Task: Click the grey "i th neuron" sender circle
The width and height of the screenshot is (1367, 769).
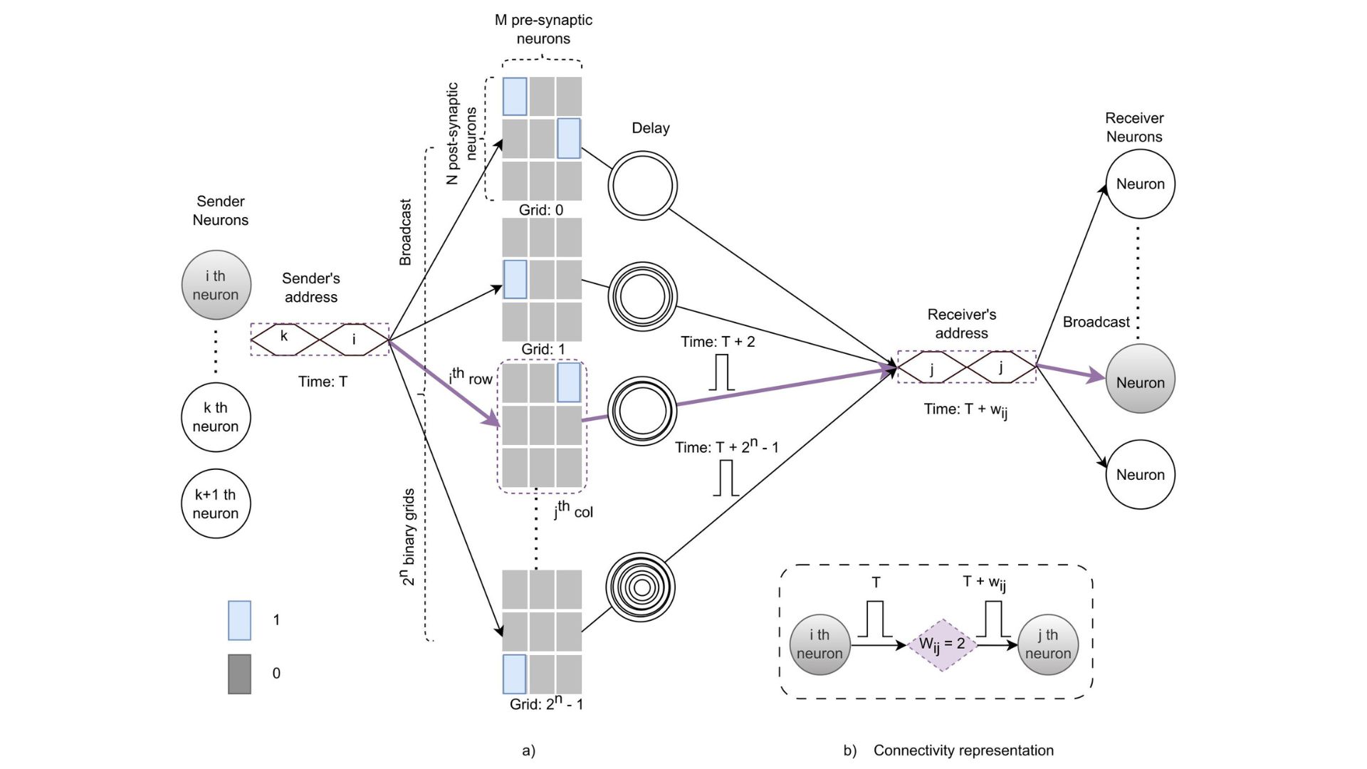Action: pos(216,285)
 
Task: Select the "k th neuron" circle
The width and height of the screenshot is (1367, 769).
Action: pos(216,417)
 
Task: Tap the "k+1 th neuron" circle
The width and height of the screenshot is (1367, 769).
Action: pos(216,503)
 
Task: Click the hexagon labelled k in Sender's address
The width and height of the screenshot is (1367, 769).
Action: pos(284,338)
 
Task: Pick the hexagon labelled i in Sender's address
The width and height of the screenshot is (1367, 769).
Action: pos(354,338)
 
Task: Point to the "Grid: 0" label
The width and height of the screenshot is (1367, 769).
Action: pos(541,210)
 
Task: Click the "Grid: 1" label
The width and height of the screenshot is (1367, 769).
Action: pos(543,350)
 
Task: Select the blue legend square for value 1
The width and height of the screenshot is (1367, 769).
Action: pos(239,620)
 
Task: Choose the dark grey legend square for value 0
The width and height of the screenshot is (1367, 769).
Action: pos(239,674)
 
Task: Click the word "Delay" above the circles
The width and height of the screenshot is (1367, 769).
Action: pos(651,128)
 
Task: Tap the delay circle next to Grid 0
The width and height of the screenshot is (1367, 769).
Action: pos(642,185)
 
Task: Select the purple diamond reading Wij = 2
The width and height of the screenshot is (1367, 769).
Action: pos(942,644)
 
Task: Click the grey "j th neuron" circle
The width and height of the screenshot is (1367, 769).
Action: pos(1048,644)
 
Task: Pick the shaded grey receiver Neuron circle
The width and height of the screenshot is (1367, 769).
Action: pos(1140,379)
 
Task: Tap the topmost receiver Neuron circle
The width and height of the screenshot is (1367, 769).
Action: pos(1140,184)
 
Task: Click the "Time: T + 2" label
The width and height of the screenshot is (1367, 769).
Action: pos(718,342)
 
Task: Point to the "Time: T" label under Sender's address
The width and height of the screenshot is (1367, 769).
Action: pos(323,382)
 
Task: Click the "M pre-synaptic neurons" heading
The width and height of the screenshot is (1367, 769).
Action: pos(543,29)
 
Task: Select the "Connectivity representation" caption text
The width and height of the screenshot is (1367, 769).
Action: pos(963,750)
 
